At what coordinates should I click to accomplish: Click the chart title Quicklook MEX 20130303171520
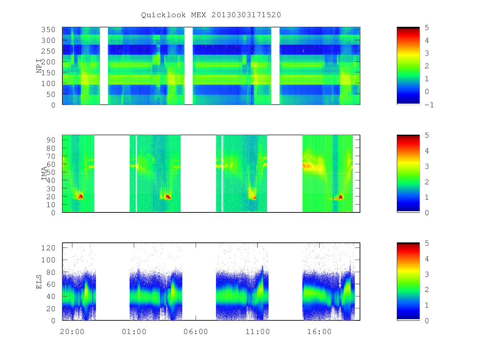pos(211,15)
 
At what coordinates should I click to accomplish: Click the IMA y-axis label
pos(44,173)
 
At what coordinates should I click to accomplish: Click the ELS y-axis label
pos(39,282)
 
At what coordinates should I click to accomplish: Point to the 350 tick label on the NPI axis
pos(48,30)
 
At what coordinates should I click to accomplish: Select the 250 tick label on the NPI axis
pos(48,51)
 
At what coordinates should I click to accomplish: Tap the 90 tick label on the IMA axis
pos(51,140)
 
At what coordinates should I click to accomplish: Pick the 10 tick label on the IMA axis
pos(51,205)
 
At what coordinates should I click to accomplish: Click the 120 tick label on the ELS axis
pos(48,248)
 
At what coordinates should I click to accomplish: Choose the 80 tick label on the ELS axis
pos(51,272)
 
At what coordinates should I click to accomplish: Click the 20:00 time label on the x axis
pos(72,332)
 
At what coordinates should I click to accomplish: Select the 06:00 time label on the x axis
pos(196,332)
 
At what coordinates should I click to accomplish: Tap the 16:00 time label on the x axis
pos(319,332)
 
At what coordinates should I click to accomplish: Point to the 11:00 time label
pos(258,332)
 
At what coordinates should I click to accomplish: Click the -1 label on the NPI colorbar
pos(429,105)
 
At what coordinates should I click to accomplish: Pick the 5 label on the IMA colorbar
pos(427,135)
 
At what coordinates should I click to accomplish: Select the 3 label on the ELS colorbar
pos(427,274)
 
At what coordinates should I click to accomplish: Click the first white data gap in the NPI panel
pos(104,66)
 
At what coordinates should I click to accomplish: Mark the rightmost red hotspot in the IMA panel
pos(340,197)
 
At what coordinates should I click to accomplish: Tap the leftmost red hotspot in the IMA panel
pos(81,196)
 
